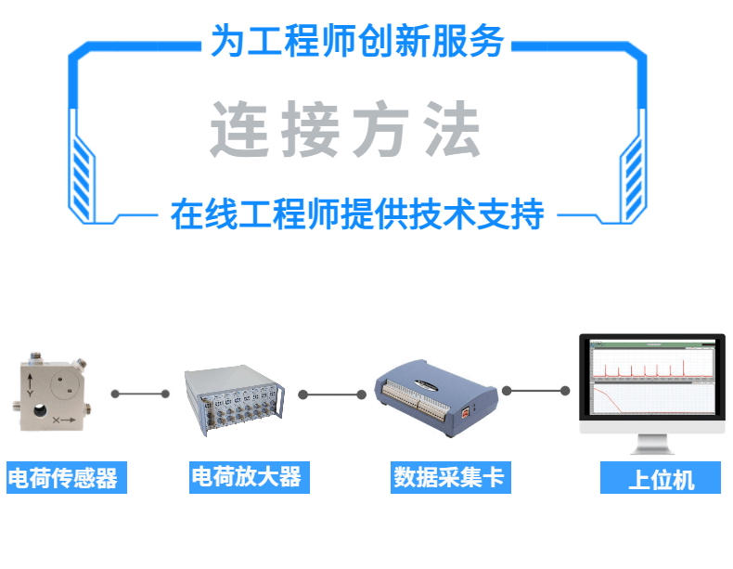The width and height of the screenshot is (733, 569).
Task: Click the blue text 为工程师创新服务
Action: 357,42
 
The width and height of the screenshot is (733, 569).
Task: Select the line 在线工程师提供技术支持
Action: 357,214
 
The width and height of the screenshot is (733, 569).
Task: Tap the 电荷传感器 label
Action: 63,478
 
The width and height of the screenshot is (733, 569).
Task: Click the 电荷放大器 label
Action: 246,477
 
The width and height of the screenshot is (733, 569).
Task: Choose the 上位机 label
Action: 661,480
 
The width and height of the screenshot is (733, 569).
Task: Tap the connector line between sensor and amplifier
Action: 140,394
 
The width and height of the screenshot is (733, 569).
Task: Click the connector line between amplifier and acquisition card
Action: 331,394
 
